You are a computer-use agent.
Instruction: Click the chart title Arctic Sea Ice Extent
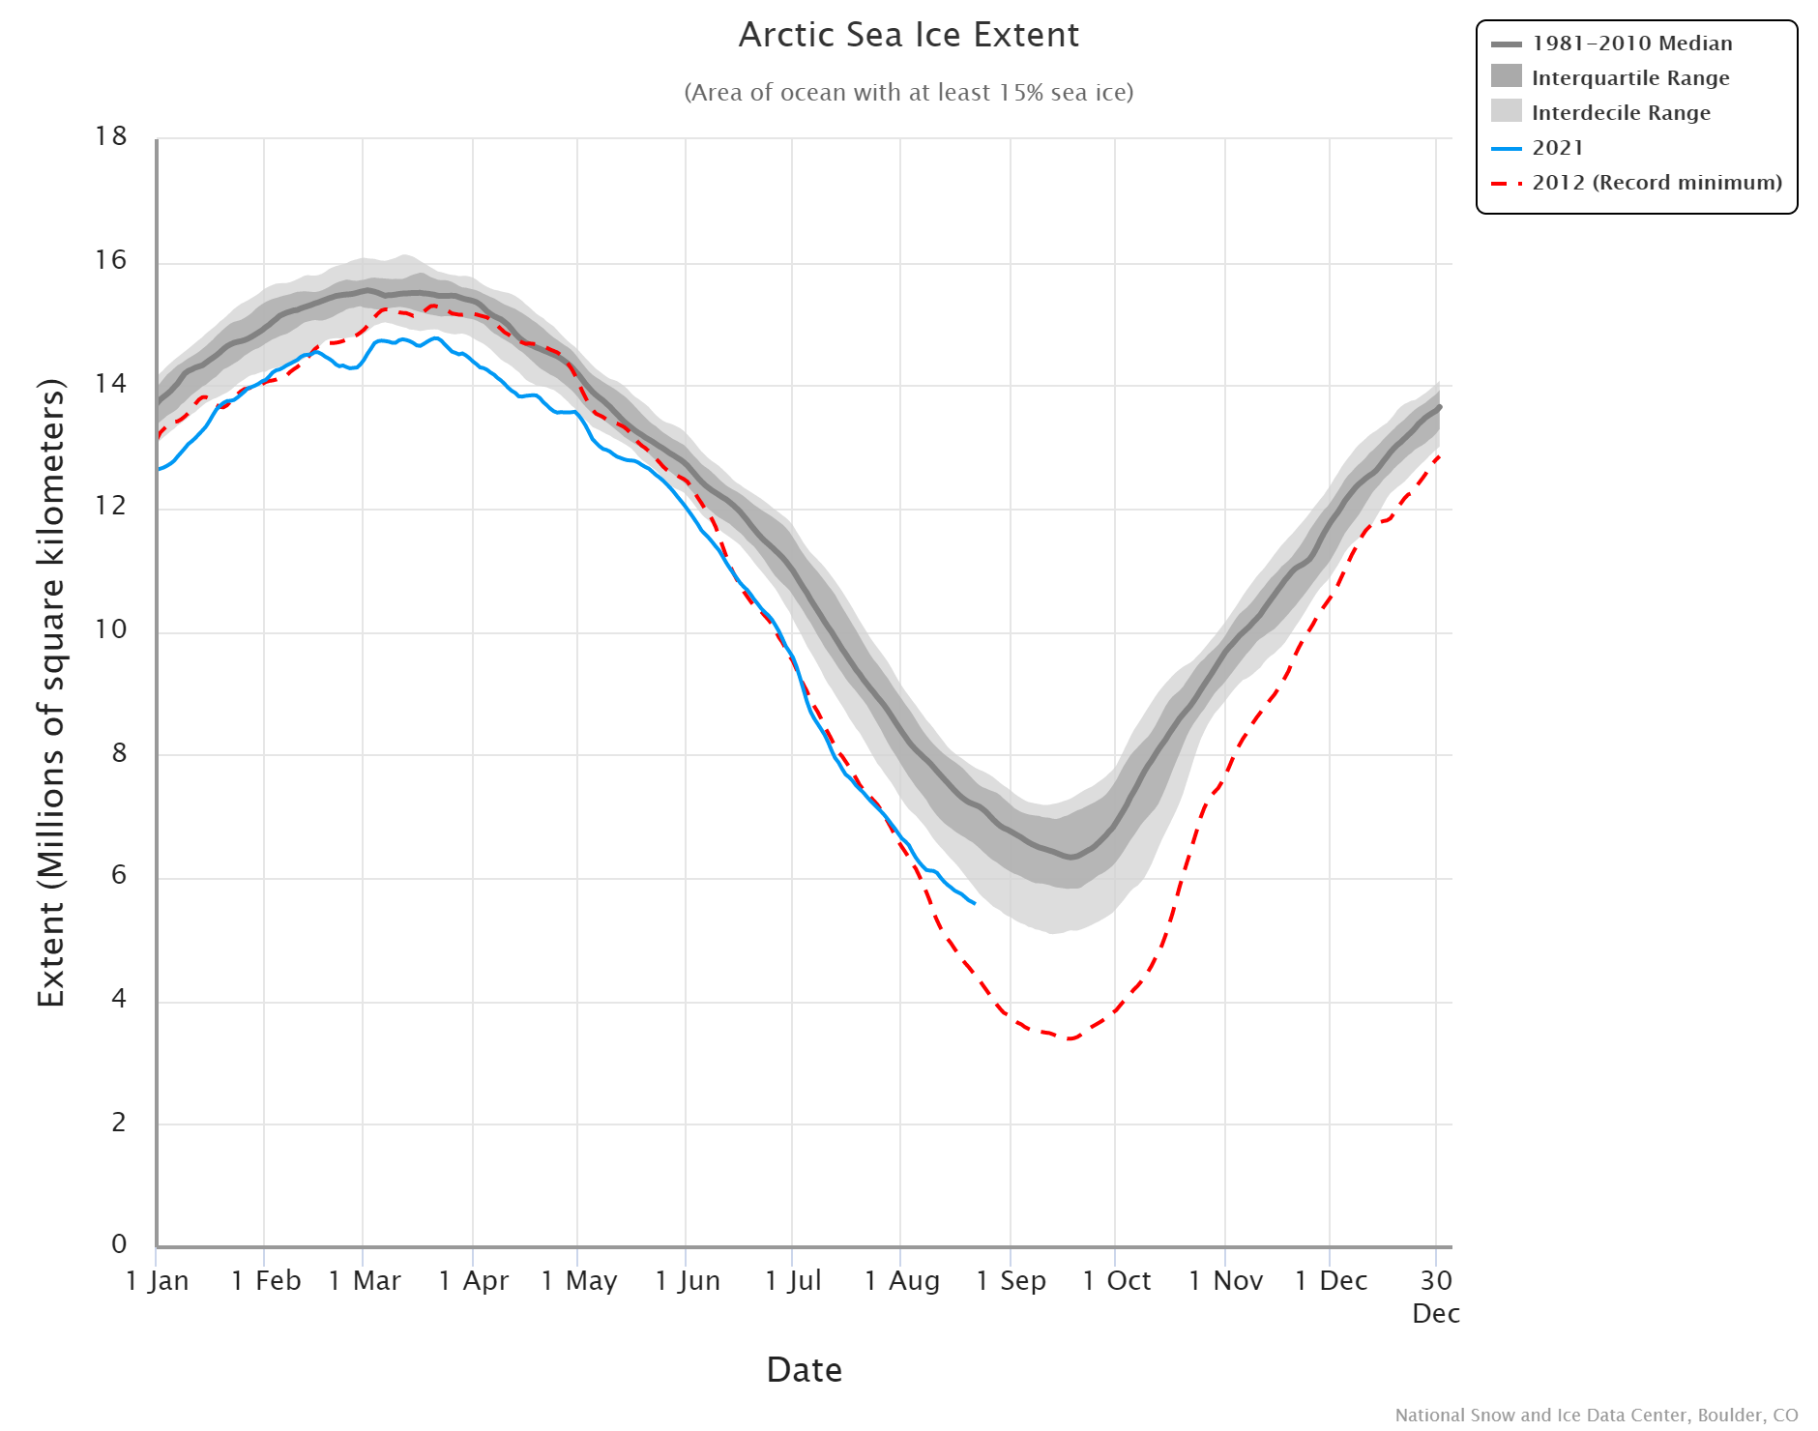tap(908, 35)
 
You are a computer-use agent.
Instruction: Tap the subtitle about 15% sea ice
tap(908, 92)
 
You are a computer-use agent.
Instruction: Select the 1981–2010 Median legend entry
tap(1612, 44)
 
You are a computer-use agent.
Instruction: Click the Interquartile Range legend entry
tap(1610, 78)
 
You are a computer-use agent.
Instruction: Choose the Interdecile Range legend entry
tap(1600, 113)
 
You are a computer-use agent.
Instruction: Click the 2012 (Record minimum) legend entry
tap(1636, 183)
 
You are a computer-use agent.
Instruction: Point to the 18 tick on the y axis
tap(111, 136)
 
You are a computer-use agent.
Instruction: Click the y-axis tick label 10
tap(111, 629)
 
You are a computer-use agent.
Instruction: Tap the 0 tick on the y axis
tap(119, 1244)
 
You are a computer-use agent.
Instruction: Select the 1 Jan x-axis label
tap(158, 1281)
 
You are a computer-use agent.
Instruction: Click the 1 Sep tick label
tap(1011, 1281)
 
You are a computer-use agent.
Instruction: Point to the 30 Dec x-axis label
tap(1436, 1297)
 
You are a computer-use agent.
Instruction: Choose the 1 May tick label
tap(578, 1281)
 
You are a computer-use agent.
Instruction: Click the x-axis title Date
tap(805, 1370)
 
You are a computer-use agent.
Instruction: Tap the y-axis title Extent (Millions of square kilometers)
tap(51, 692)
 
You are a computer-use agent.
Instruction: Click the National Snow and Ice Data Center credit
tap(1597, 1416)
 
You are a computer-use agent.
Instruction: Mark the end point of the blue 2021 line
tap(975, 903)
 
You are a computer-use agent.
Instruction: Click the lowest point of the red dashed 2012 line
tap(1070, 1038)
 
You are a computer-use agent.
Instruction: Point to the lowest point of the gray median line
tap(1071, 857)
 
